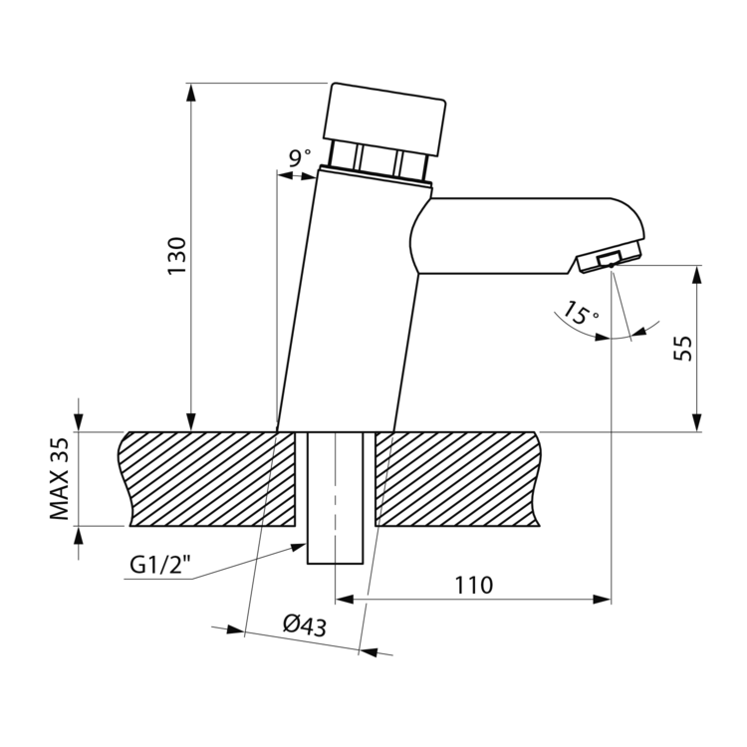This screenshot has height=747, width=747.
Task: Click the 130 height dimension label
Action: tap(176, 256)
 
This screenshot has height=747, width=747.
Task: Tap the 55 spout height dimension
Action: tap(683, 349)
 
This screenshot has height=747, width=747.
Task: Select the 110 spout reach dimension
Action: tap(473, 585)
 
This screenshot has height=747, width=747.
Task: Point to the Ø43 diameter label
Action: tap(305, 625)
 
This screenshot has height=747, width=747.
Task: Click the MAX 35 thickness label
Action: tap(60, 479)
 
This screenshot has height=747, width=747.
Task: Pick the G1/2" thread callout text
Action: tap(160, 565)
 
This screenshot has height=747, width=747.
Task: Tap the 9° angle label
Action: tap(300, 157)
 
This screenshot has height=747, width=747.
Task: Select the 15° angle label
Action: tap(582, 313)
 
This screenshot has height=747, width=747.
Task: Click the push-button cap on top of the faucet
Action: tap(384, 120)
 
